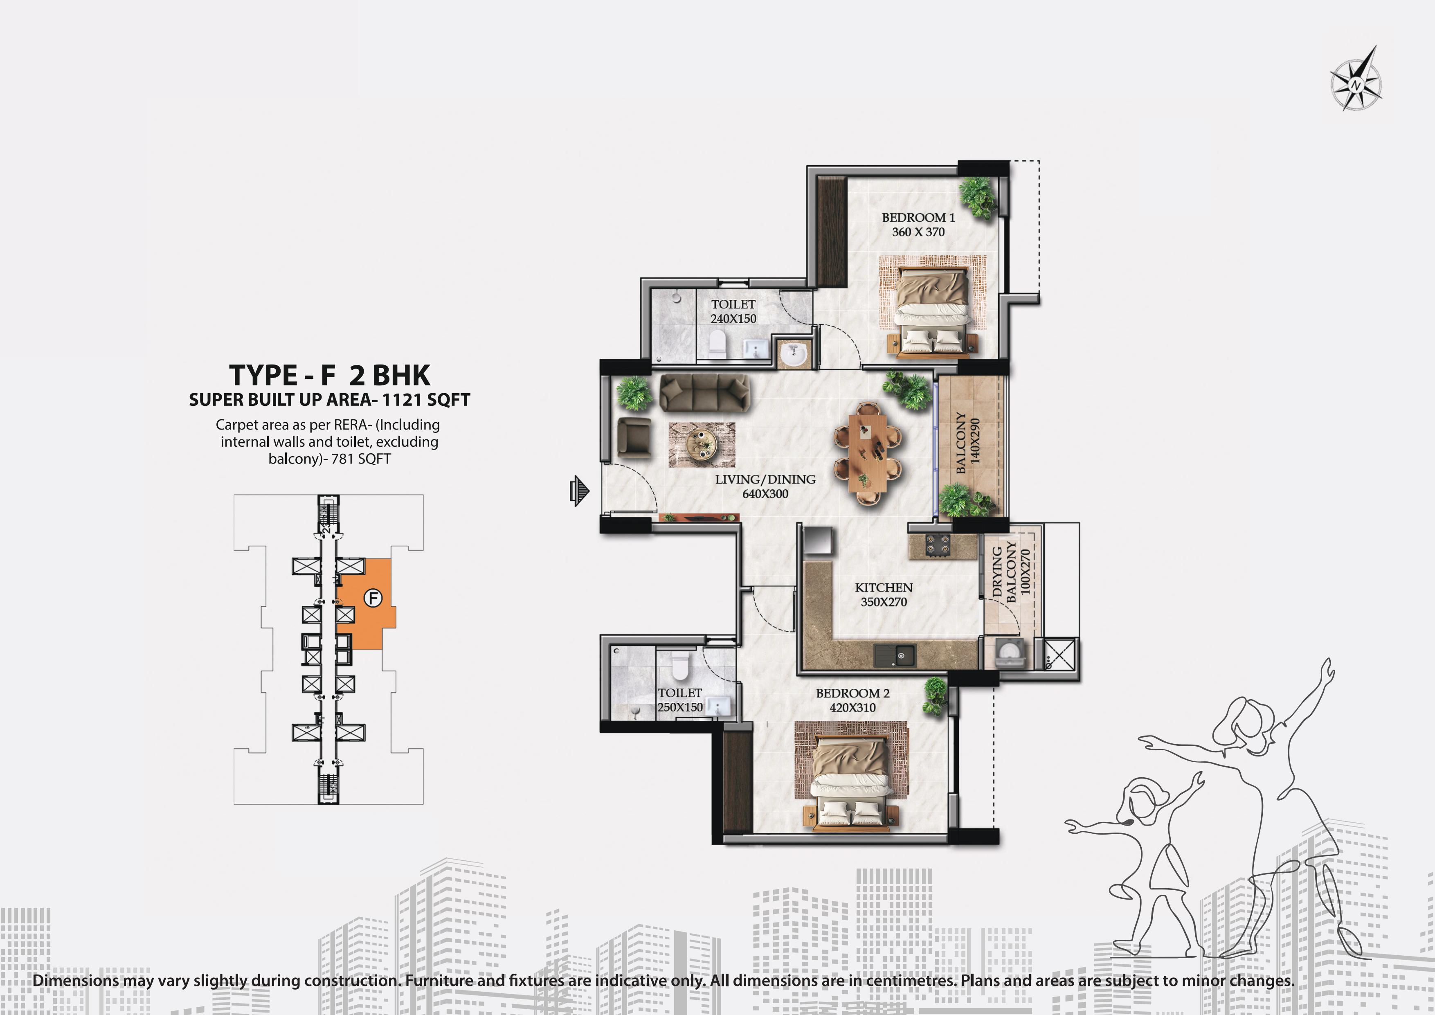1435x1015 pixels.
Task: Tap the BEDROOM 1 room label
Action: click(918, 218)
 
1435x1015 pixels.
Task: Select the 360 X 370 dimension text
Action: click(918, 232)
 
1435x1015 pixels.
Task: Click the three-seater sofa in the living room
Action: click(704, 392)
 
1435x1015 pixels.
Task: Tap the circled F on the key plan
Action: click(373, 598)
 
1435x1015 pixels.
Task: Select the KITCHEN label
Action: click(884, 587)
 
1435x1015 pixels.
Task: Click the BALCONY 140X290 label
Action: click(967, 443)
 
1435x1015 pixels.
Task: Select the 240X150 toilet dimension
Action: click(733, 319)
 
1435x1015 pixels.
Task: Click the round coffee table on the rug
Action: click(701, 444)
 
